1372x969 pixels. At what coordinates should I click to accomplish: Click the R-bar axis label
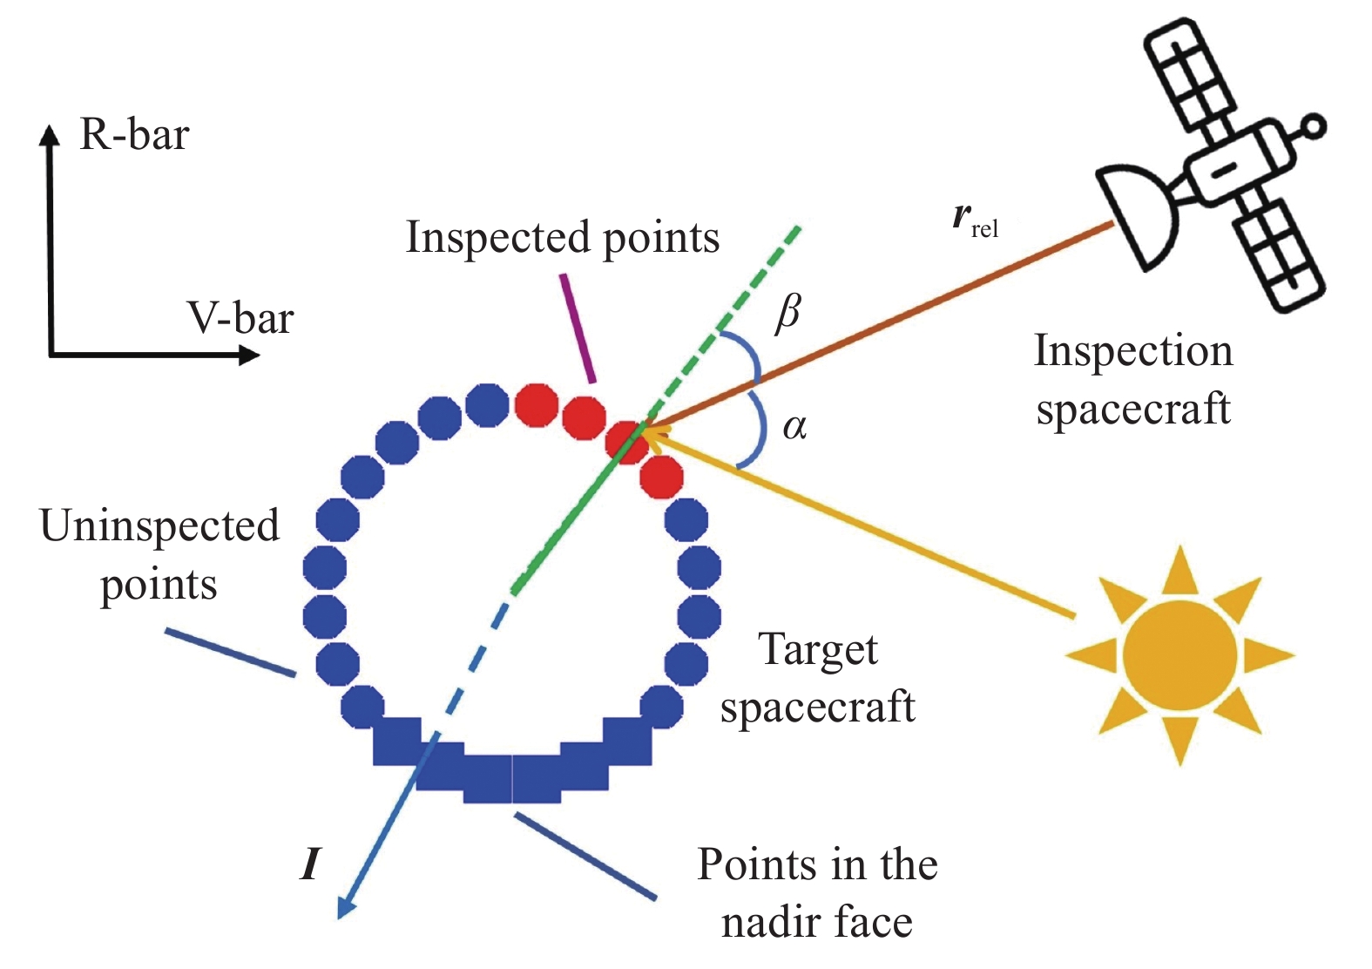(134, 135)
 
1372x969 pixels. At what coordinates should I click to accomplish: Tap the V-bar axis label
(240, 318)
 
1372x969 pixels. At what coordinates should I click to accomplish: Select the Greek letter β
(787, 313)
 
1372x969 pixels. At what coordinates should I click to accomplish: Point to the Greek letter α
(794, 427)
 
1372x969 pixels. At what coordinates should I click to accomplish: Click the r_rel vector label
(975, 218)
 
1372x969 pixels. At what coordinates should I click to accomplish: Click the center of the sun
(1179, 655)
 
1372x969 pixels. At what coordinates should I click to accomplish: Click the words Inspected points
(563, 237)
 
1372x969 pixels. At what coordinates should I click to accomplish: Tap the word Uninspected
(159, 526)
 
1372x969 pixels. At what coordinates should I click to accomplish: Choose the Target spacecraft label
(817, 678)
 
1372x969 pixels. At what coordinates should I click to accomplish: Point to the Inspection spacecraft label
(1133, 379)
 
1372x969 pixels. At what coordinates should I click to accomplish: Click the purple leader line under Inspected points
(579, 328)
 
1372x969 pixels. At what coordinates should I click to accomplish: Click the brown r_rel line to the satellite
(880, 326)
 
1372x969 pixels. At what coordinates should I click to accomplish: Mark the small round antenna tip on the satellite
(1314, 127)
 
